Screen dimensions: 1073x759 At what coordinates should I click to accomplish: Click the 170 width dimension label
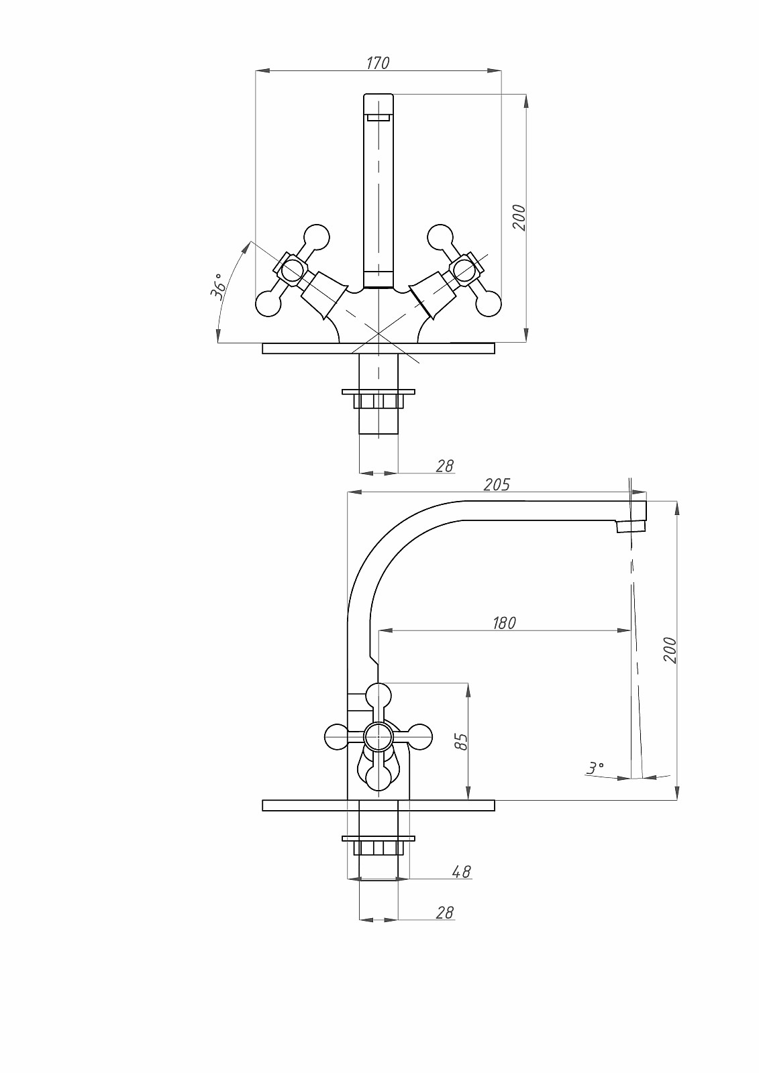[378, 63]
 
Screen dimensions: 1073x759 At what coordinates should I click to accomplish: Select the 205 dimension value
[497, 484]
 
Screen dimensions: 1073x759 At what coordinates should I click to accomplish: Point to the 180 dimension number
[504, 623]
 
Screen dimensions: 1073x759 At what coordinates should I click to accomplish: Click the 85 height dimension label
[460, 742]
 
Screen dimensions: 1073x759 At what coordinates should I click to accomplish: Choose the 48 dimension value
[461, 871]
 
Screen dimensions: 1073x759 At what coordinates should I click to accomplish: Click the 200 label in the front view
[519, 217]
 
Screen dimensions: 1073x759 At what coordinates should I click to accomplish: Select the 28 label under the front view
[444, 465]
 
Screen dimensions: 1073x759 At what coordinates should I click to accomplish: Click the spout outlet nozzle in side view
[631, 526]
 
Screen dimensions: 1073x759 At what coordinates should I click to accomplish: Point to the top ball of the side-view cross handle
[379, 695]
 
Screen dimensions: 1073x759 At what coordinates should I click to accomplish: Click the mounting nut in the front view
[378, 400]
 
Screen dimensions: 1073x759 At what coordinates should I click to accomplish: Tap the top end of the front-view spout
[378, 105]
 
